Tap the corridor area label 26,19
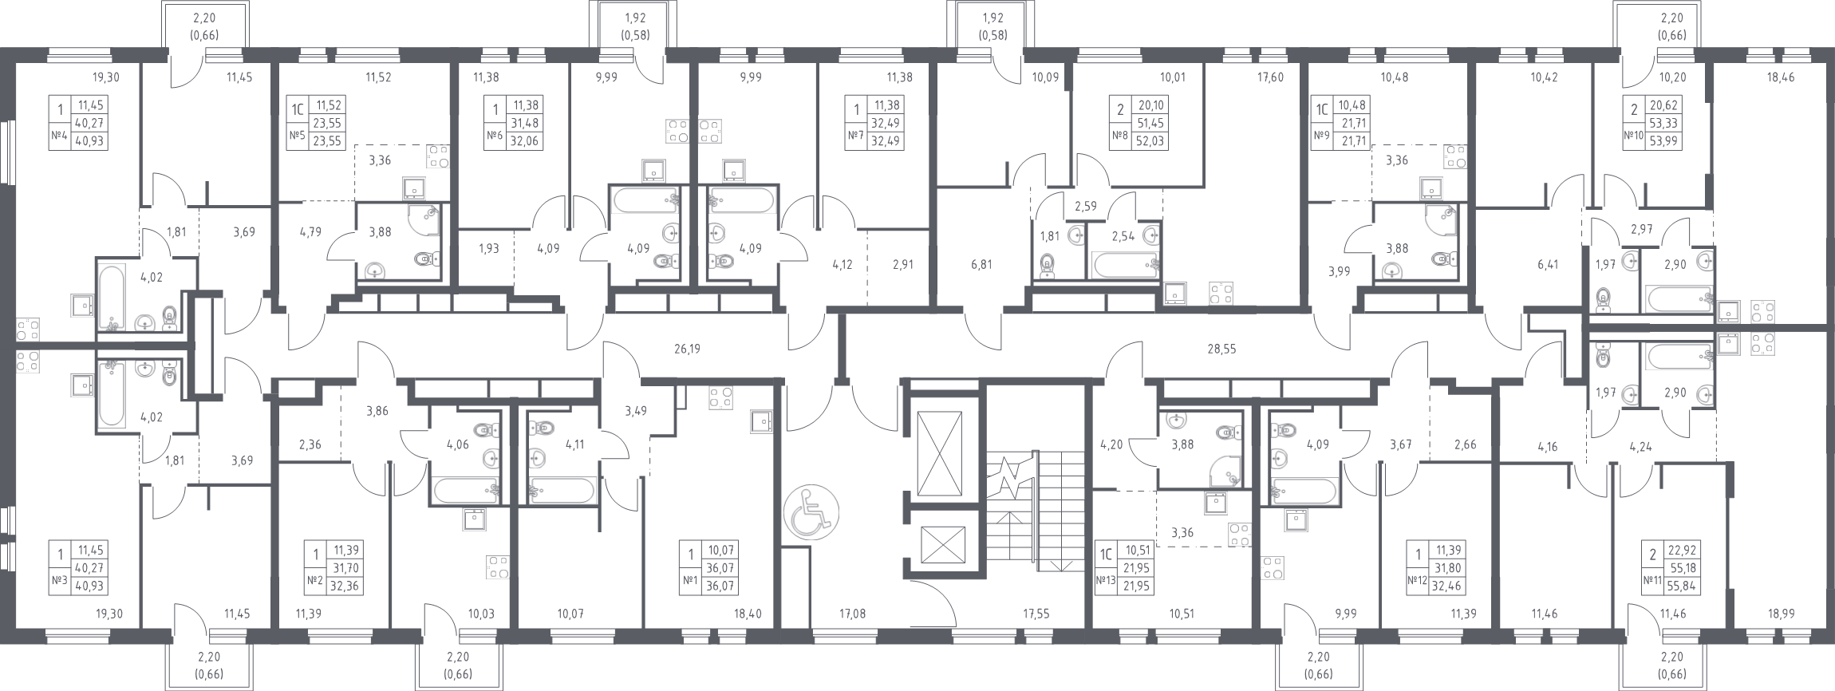point(687,348)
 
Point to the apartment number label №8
point(1119,136)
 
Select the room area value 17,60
point(1269,77)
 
